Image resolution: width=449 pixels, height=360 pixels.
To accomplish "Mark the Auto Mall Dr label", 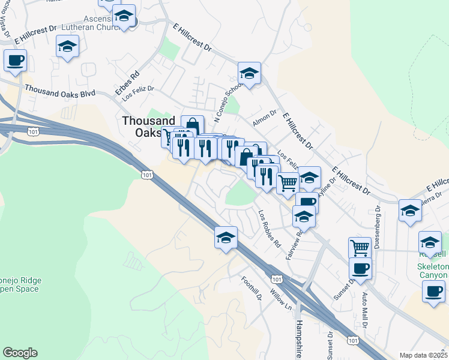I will tap(364, 306).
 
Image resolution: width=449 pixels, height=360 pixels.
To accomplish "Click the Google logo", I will tap(20, 353).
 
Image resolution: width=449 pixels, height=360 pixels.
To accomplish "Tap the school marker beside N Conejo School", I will tap(249, 74).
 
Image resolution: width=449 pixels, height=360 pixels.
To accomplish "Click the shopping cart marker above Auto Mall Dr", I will tap(360, 247).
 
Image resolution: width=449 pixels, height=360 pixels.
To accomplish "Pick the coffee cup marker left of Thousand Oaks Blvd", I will tap(15, 60).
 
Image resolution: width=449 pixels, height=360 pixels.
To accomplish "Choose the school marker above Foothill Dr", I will tap(225, 238).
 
